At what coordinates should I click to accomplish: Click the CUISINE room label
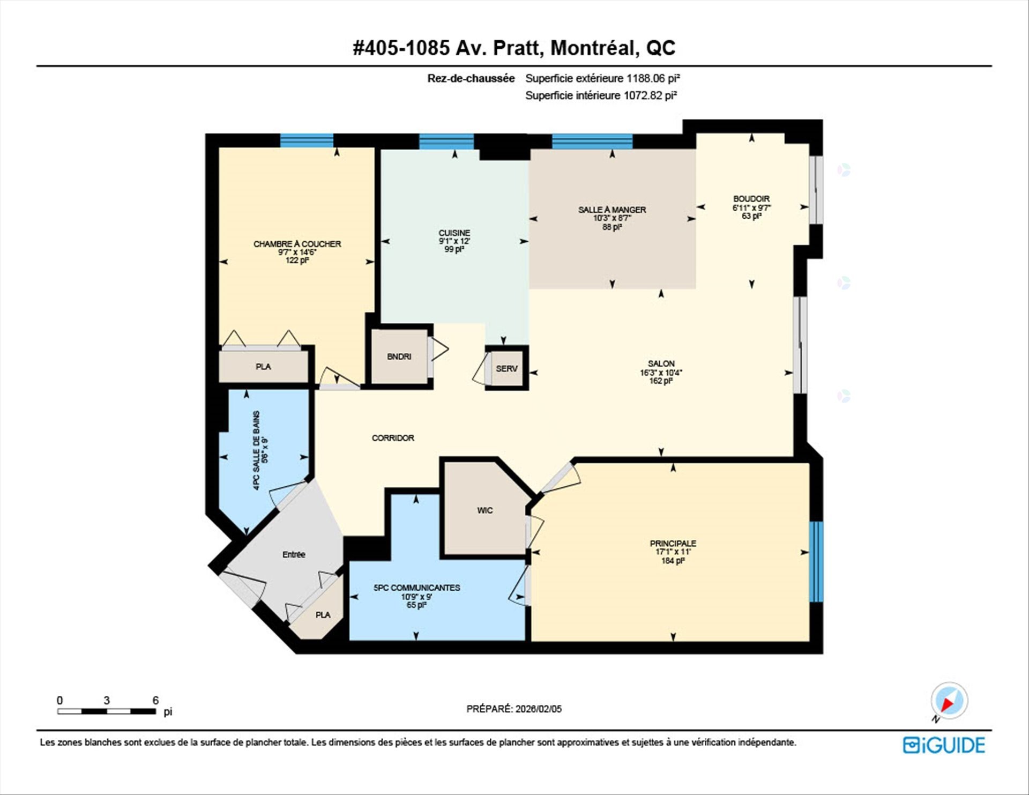[454, 233]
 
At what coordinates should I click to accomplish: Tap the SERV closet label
[506, 368]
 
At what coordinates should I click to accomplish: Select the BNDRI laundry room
[399, 356]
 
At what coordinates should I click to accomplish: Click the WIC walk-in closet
[484, 510]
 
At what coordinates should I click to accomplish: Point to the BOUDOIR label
[751, 199]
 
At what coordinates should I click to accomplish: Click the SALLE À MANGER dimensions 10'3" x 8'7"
[612, 218]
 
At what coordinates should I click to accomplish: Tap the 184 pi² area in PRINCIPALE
[673, 561]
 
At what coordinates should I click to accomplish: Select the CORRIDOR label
[393, 438]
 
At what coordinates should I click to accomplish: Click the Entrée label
[294, 554]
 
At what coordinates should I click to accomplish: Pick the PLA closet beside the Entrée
[323, 615]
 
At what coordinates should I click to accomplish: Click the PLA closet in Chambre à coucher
[263, 367]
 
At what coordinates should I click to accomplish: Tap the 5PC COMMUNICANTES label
[416, 588]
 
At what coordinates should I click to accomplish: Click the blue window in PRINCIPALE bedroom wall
[815, 561]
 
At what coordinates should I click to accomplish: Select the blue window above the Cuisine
[446, 142]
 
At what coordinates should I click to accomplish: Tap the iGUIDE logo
[944, 745]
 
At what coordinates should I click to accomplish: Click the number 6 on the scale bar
[155, 700]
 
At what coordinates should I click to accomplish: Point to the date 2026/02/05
[538, 709]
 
